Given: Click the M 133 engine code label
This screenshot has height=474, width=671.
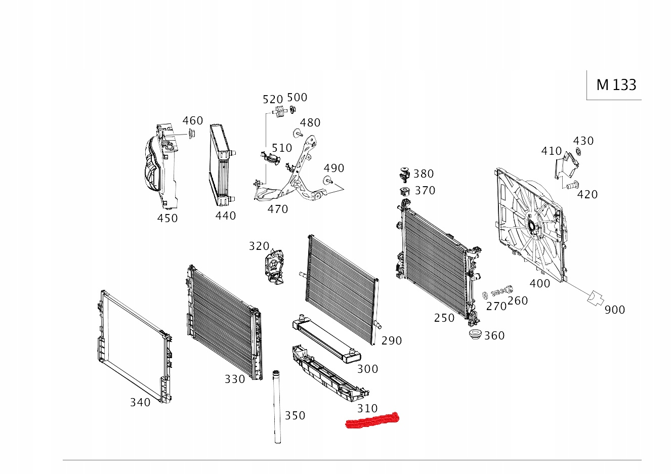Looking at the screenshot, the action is coord(616,85).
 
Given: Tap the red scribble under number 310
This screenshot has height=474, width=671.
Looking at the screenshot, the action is coord(372,420).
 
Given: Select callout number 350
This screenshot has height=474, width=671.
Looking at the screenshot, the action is coord(295,416).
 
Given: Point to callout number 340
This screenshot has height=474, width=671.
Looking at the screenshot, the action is coord(140,402).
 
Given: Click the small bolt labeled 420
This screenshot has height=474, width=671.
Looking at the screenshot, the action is coord(572,185).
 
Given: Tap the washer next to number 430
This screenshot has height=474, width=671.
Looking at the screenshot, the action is coord(578,152).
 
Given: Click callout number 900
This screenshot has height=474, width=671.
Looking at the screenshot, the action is coord(615,310).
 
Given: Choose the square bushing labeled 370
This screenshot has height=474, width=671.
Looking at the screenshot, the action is coord(405,191).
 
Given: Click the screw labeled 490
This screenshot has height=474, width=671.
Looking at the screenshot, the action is coord(328,181).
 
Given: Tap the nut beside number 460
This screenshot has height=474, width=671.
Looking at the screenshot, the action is coord(191,134).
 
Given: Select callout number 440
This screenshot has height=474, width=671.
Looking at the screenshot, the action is coord(226,216).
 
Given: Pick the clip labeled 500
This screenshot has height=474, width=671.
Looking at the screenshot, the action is coord(292,109).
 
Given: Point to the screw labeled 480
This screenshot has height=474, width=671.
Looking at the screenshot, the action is coord(298,133).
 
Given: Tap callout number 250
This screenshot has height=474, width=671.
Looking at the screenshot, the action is coord(444,318).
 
